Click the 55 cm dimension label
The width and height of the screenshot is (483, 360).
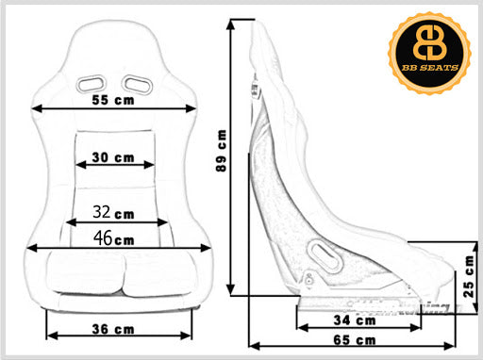coord(113,100)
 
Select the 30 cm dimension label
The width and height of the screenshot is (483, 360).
coord(113,157)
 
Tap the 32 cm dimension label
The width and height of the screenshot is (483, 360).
coord(113,212)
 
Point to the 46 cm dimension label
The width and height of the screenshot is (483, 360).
coord(114,238)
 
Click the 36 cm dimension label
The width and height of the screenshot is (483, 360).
coord(113,329)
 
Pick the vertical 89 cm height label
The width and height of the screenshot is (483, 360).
coord(222,151)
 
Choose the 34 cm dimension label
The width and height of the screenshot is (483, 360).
coord(355,320)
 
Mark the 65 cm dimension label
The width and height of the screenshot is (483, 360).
coord(355,340)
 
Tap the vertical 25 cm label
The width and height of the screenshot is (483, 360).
coord(469,276)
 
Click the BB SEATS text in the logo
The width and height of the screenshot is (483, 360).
coord(430,68)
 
